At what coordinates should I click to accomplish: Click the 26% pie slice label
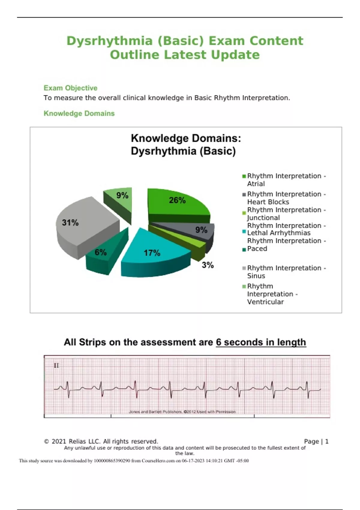pyautogui.click(x=177, y=200)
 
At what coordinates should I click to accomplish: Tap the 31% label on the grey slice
pyautogui.click(x=70, y=223)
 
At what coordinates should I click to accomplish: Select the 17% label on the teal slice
pyautogui.click(x=152, y=253)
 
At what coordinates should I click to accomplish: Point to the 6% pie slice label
pyautogui.click(x=100, y=252)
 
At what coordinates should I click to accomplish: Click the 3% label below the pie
pyautogui.click(x=208, y=265)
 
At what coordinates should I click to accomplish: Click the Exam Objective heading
pyautogui.click(x=70, y=88)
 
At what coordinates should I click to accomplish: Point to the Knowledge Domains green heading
pyautogui.click(x=79, y=113)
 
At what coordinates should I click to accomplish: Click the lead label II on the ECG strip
pyautogui.click(x=56, y=365)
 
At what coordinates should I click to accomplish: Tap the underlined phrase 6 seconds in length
pyautogui.click(x=261, y=342)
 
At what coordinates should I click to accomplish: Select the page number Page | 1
pyautogui.click(x=316, y=441)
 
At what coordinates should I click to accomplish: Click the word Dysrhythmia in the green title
pyautogui.click(x=109, y=41)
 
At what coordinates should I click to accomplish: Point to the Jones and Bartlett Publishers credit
pyautogui.click(x=182, y=412)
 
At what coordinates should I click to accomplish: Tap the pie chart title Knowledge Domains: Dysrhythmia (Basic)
pyautogui.click(x=186, y=145)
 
